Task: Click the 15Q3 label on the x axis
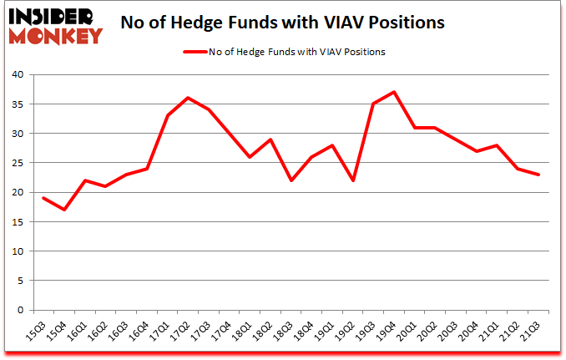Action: pyautogui.click(x=38, y=332)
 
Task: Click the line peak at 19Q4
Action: pyautogui.click(x=393, y=92)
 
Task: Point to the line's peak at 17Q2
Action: pyautogui.click(x=189, y=98)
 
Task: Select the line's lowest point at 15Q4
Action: pyautogui.click(x=63, y=210)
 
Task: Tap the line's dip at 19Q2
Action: pyautogui.click(x=354, y=180)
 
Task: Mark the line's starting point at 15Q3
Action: pyautogui.click(x=42, y=198)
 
